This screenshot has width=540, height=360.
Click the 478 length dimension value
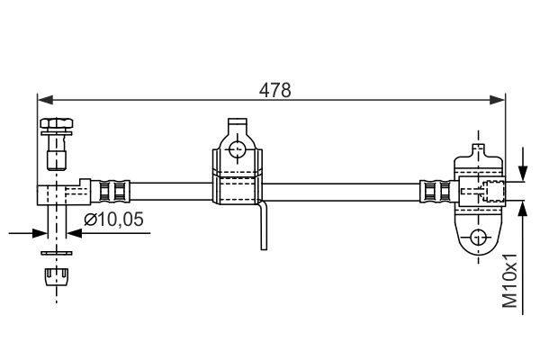[270, 89]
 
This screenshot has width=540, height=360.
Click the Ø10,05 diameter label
[114, 220]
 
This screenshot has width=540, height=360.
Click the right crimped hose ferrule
[432, 191]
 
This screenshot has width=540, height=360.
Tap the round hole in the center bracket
[238, 148]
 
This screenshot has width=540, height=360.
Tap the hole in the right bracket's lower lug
[478, 237]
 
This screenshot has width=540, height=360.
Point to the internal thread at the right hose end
[491, 191]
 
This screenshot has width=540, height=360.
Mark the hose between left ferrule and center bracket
[171, 191]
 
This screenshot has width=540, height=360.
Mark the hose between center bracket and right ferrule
[342, 191]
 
